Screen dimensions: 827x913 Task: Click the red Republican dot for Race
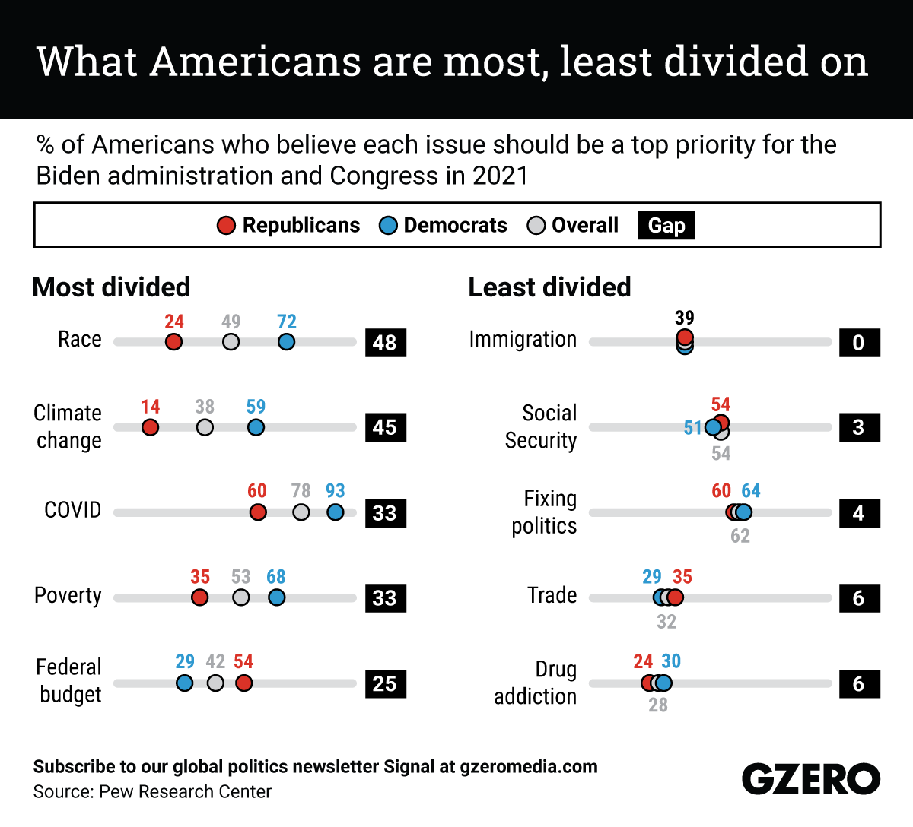pos(173,342)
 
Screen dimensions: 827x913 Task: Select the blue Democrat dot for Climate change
pos(256,427)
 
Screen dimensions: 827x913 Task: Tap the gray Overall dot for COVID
pos(301,512)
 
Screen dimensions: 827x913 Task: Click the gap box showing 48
pos(385,343)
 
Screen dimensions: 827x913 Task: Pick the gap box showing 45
pos(385,427)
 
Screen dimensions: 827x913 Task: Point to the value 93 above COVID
pos(335,491)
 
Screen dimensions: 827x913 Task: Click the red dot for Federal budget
pos(243,683)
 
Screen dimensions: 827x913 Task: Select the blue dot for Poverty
pos(276,597)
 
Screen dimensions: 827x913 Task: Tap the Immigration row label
pos(523,339)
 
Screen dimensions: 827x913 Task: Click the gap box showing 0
pos(859,343)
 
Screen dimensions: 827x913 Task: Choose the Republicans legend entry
pos(288,226)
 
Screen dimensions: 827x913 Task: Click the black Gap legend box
pos(666,226)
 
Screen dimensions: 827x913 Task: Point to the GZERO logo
pos(810,780)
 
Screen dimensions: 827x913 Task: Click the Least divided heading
pos(549,287)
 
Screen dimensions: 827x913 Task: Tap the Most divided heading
pos(111,287)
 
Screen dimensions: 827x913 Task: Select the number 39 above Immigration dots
pos(685,318)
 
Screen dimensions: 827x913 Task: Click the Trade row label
pos(552,595)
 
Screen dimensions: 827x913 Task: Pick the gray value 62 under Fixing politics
pos(740,537)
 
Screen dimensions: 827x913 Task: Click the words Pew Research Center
pos(185,792)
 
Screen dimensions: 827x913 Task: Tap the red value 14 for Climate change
pos(151,407)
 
